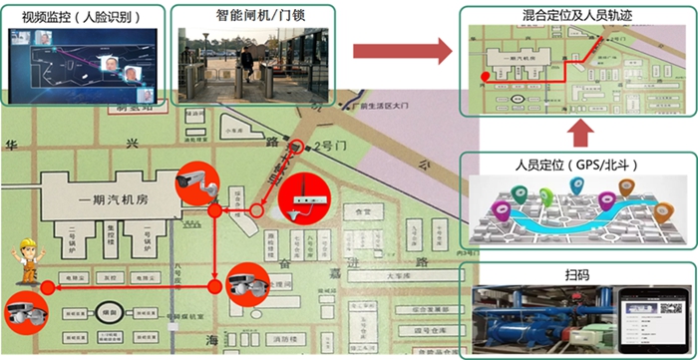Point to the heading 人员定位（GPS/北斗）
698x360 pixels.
[x=576, y=164]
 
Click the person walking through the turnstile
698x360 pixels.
[x=246, y=65]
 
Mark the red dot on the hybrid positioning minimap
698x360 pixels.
[x=485, y=75]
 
